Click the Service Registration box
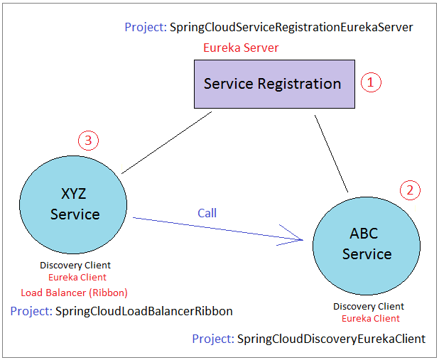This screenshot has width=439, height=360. point(274,84)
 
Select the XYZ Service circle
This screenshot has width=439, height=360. point(73,205)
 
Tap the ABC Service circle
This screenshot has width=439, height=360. point(367,246)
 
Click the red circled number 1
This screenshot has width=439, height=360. point(371,82)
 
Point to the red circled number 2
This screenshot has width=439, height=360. point(410,190)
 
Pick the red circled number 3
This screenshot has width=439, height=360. point(88,141)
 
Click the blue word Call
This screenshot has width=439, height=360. point(207,213)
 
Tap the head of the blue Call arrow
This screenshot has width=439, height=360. point(303,240)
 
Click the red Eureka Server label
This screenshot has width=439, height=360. point(241,48)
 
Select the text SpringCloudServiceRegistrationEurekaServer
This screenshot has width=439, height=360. point(291,28)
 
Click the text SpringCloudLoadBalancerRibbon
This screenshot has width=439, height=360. point(144,311)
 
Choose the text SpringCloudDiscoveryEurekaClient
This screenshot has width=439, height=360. point(331,339)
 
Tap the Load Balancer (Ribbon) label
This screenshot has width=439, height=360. point(74,293)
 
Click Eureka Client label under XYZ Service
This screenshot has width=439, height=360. point(77,277)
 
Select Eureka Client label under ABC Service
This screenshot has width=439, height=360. point(371,319)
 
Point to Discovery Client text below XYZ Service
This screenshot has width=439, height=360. point(75,265)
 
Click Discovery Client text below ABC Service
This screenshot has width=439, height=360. point(369,306)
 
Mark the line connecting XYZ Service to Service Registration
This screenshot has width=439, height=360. point(167,143)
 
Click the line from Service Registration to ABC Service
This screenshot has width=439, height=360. point(331,153)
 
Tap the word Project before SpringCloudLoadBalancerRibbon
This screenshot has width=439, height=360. point(31,311)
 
